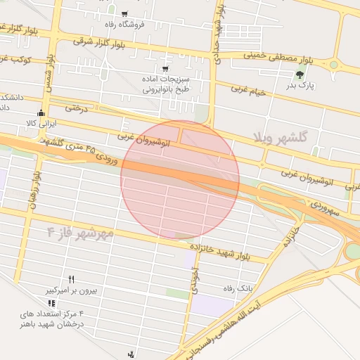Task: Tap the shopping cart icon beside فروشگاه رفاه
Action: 124,13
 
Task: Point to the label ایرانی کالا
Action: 40,123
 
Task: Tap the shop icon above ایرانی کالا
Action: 41,112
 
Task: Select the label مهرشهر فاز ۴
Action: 79,233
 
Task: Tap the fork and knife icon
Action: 71,279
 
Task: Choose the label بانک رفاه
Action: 237,288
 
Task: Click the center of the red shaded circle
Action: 180,179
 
